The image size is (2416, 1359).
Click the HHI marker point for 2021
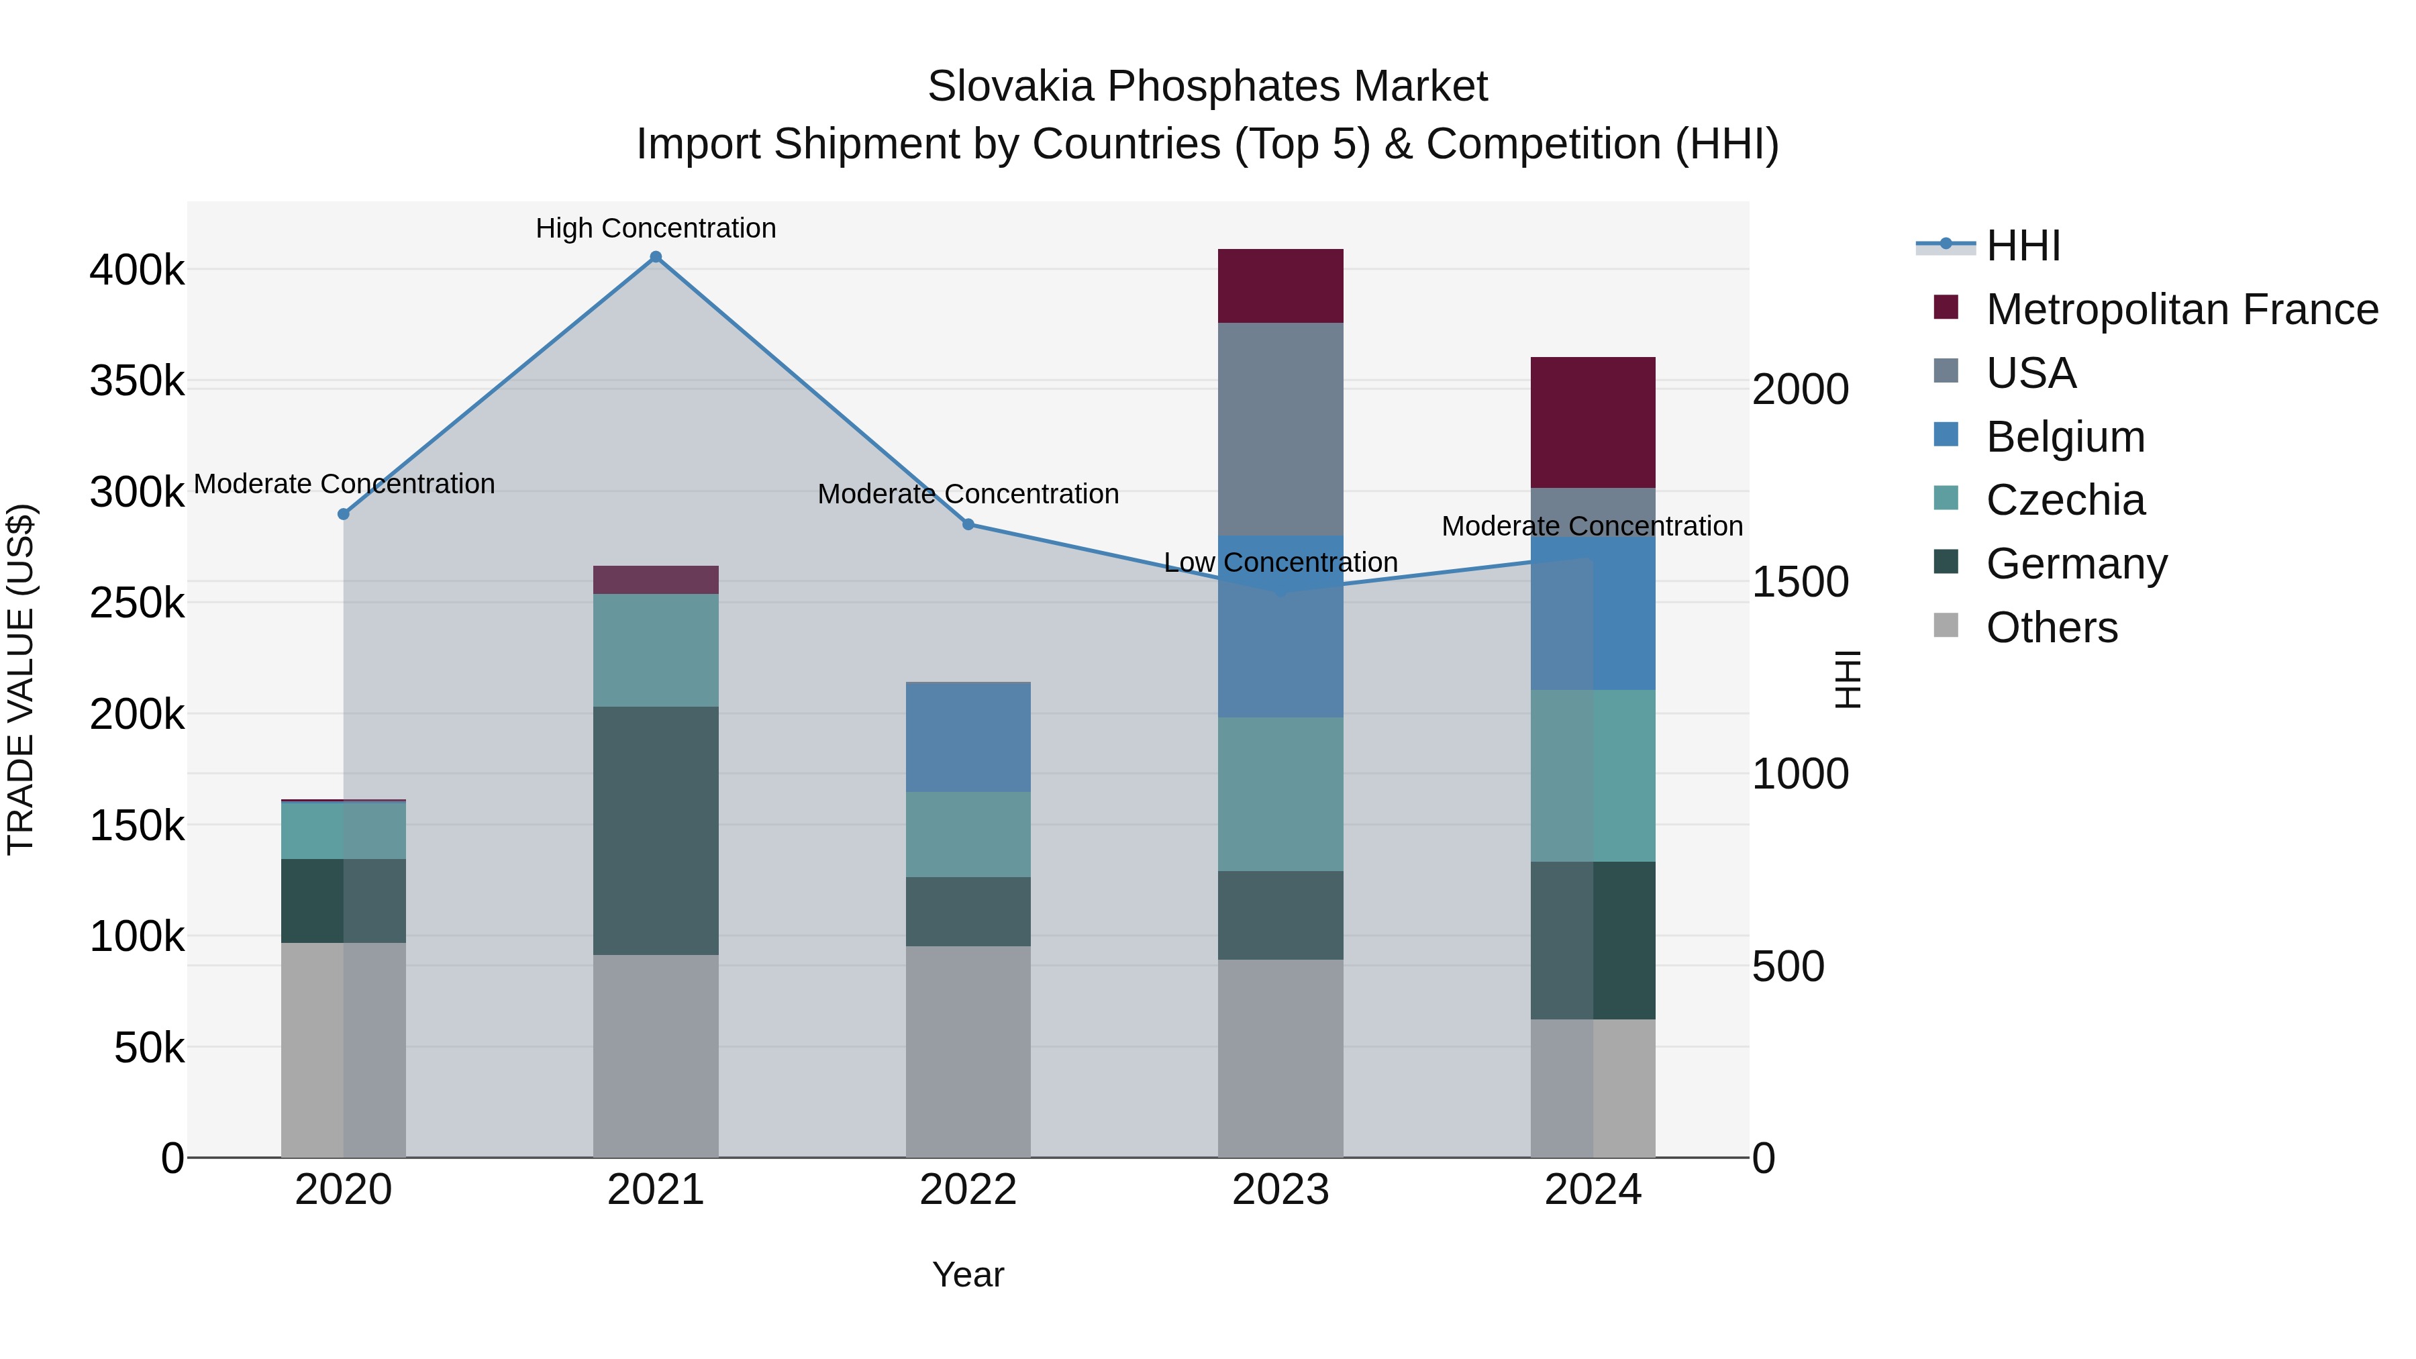point(656,257)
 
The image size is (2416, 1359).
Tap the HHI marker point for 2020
point(343,514)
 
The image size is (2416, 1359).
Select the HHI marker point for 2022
point(968,524)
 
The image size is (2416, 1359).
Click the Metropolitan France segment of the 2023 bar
point(1280,286)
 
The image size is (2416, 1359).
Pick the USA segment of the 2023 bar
point(1280,429)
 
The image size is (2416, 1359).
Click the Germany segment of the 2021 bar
point(656,830)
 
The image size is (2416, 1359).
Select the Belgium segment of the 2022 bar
point(968,737)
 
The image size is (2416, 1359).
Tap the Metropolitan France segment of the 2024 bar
point(1593,422)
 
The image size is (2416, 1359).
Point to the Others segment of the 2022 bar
point(968,1052)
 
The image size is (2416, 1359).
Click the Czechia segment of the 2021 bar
point(656,650)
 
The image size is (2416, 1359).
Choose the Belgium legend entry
point(2064,437)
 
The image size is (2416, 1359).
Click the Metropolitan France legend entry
point(2182,309)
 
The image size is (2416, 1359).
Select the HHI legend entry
point(2022,246)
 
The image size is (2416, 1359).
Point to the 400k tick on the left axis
point(137,270)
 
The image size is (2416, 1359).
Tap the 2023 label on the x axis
point(1280,1190)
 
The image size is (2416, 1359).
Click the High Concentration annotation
point(656,228)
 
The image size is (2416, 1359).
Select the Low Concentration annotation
point(1280,563)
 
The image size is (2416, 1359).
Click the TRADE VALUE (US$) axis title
point(21,679)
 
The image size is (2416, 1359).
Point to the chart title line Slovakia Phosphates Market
point(1207,87)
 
